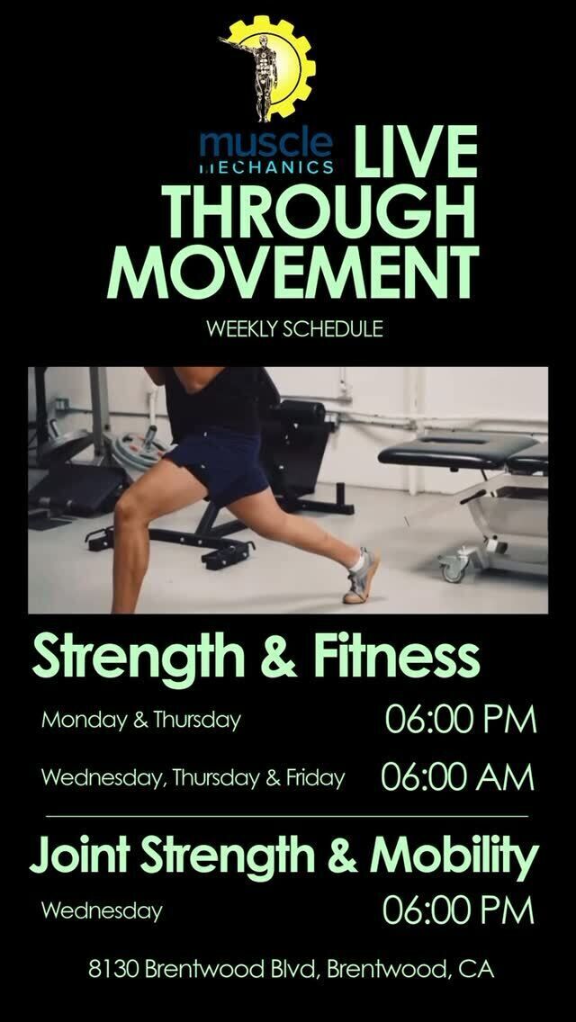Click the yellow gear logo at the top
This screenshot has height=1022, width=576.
[x=268, y=68]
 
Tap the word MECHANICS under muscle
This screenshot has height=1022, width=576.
[x=266, y=166]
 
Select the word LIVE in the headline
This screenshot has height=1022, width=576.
[x=416, y=152]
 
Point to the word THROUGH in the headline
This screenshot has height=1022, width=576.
[x=319, y=211]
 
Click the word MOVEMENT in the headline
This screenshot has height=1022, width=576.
[x=292, y=272]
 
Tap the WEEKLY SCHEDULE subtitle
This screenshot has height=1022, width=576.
[x=294, y=329]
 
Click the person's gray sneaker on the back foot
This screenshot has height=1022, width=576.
[x=361, y=576]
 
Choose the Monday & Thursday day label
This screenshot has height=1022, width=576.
[x=141, y=721]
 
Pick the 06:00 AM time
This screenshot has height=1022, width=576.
[x=457, y=777]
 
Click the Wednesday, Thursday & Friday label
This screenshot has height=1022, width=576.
[x=193, y=778]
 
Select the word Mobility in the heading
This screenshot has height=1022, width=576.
[x=454, y=855]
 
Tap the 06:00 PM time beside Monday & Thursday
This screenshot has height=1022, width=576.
[x=461, y=719]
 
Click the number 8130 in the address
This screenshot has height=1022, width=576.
[x=113, y=969]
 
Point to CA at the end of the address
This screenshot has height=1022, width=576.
[x=476, y=969]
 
